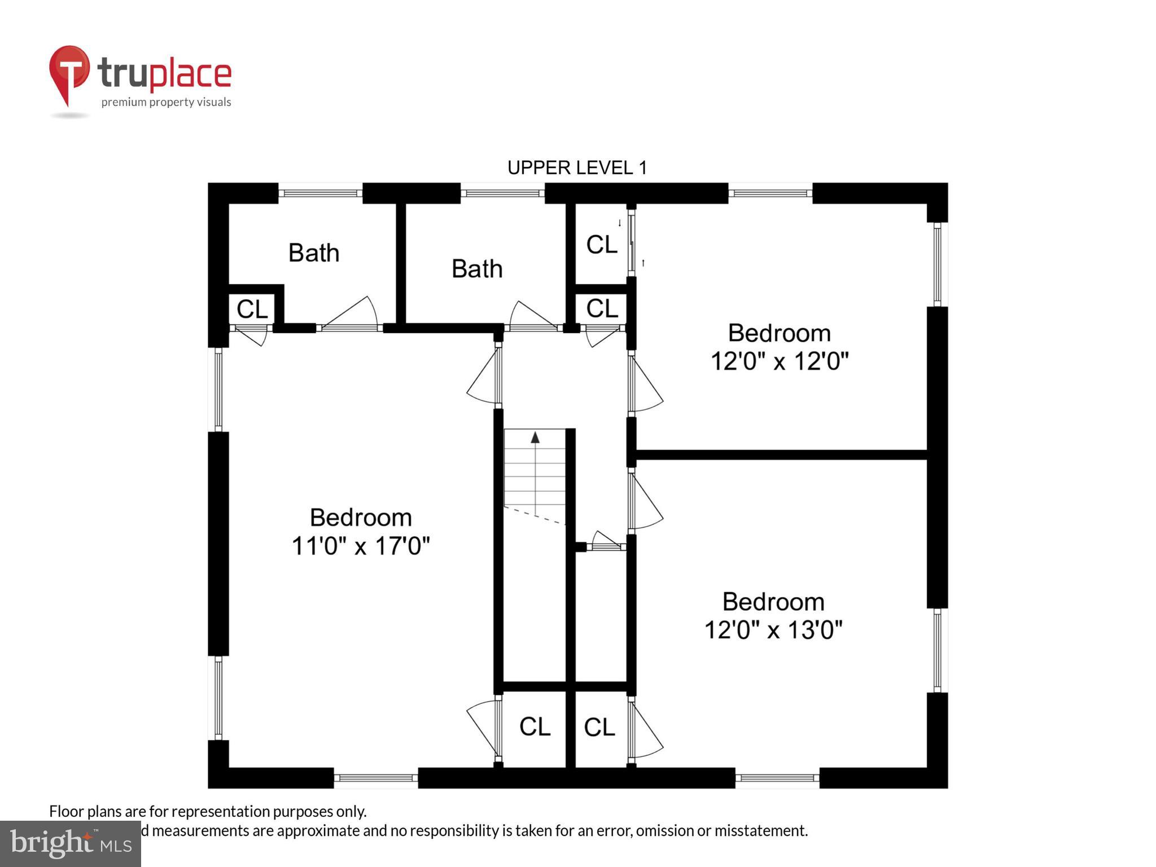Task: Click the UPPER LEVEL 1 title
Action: click(x=577, y=168)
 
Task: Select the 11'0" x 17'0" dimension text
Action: click(x=360, y=546)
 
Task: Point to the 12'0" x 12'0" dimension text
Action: click(x=779, y=361)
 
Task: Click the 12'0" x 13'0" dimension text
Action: click(x=773, y=629)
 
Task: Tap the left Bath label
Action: click(x=314, y=252)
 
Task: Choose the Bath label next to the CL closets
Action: click(x=477, y=269)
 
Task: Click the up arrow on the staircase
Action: click(x=535, y=437)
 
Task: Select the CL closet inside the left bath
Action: click(x=252, y=309)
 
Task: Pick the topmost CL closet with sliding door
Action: click(x=602, y=244)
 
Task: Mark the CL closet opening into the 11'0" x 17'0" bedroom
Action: click(x=535, y=726)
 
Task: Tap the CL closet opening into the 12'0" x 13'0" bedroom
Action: click(x=599, y=727)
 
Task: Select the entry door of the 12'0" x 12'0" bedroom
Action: click(x=645, y=384)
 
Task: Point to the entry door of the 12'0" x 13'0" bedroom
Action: click(x=645, y=502)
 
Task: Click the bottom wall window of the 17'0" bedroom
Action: click(x=375, y=778)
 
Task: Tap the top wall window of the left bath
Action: click(x=320, y=193)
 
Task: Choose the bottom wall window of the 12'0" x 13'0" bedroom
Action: click(x=777, y=778)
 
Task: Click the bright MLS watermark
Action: click(x=70, y=844)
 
